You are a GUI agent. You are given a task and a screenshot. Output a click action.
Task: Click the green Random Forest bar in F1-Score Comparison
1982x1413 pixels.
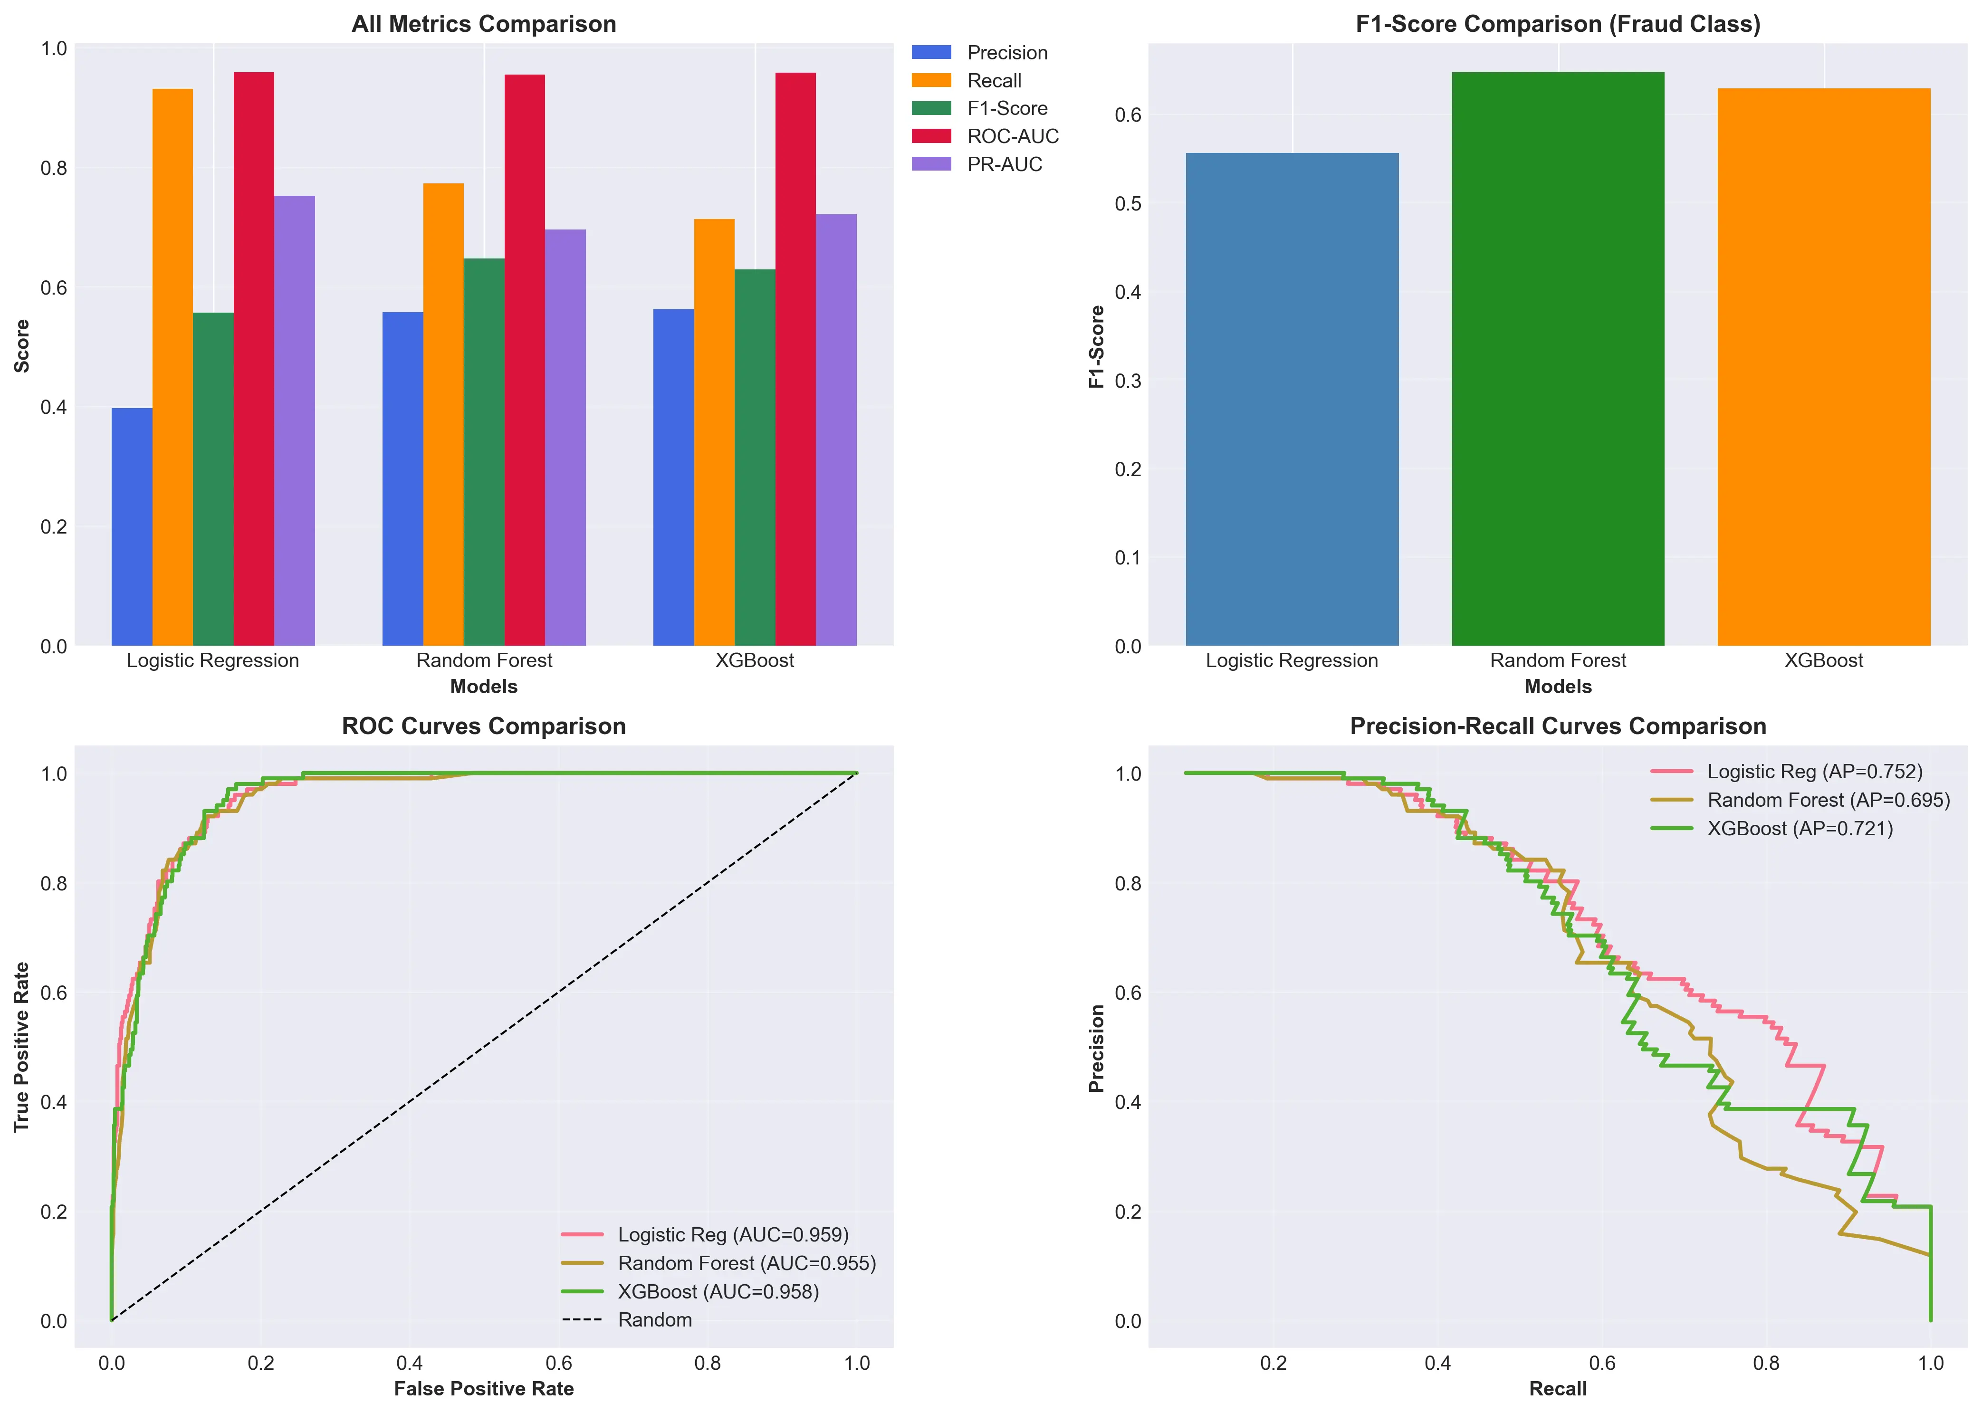tap(1557, 358)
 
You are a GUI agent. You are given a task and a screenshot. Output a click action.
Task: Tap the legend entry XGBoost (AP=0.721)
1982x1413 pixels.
tap(1799, 828)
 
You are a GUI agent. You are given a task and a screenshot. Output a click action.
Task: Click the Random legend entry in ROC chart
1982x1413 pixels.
tap(654, 1320)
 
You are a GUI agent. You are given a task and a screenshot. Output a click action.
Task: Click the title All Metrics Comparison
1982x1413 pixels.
tap(484, 24)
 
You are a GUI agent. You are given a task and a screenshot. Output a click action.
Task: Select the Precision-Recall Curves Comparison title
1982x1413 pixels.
tap(1557, 726)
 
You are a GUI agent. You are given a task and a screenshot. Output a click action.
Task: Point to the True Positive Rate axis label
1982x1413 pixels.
tap(22, 1047)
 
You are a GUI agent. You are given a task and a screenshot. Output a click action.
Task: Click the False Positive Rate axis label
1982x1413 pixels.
tap(484, 1389)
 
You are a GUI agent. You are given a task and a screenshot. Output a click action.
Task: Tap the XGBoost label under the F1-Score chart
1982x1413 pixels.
tap(1824, 660)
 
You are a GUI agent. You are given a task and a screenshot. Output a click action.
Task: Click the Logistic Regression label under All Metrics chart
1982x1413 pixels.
tap(213, 660)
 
